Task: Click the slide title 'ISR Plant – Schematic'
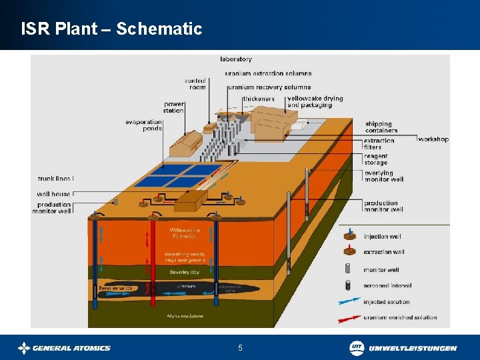point(111,29)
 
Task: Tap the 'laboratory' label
point(236,59)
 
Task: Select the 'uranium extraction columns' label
point(268,73)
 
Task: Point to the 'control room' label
point(195,84)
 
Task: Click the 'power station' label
point(173,107)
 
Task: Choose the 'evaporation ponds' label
point(143,125)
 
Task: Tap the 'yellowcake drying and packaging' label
point(315,102)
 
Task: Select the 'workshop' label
point(433,139)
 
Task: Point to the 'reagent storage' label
point(375,159)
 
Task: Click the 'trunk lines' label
point(55,178)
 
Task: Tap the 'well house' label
point(54,194)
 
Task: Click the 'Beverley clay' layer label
point(185,272)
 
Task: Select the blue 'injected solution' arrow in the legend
point(349,302)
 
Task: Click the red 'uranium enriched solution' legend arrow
point(349,318)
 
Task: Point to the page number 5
point(240,347)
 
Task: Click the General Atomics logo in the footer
point(64,347)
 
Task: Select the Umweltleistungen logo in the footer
point(403,347)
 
